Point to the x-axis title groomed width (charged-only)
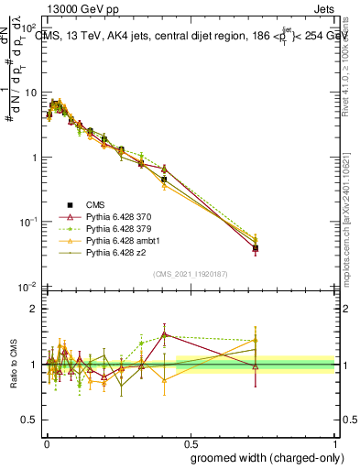click(263, 456)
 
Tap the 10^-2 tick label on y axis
click(30, 287)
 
